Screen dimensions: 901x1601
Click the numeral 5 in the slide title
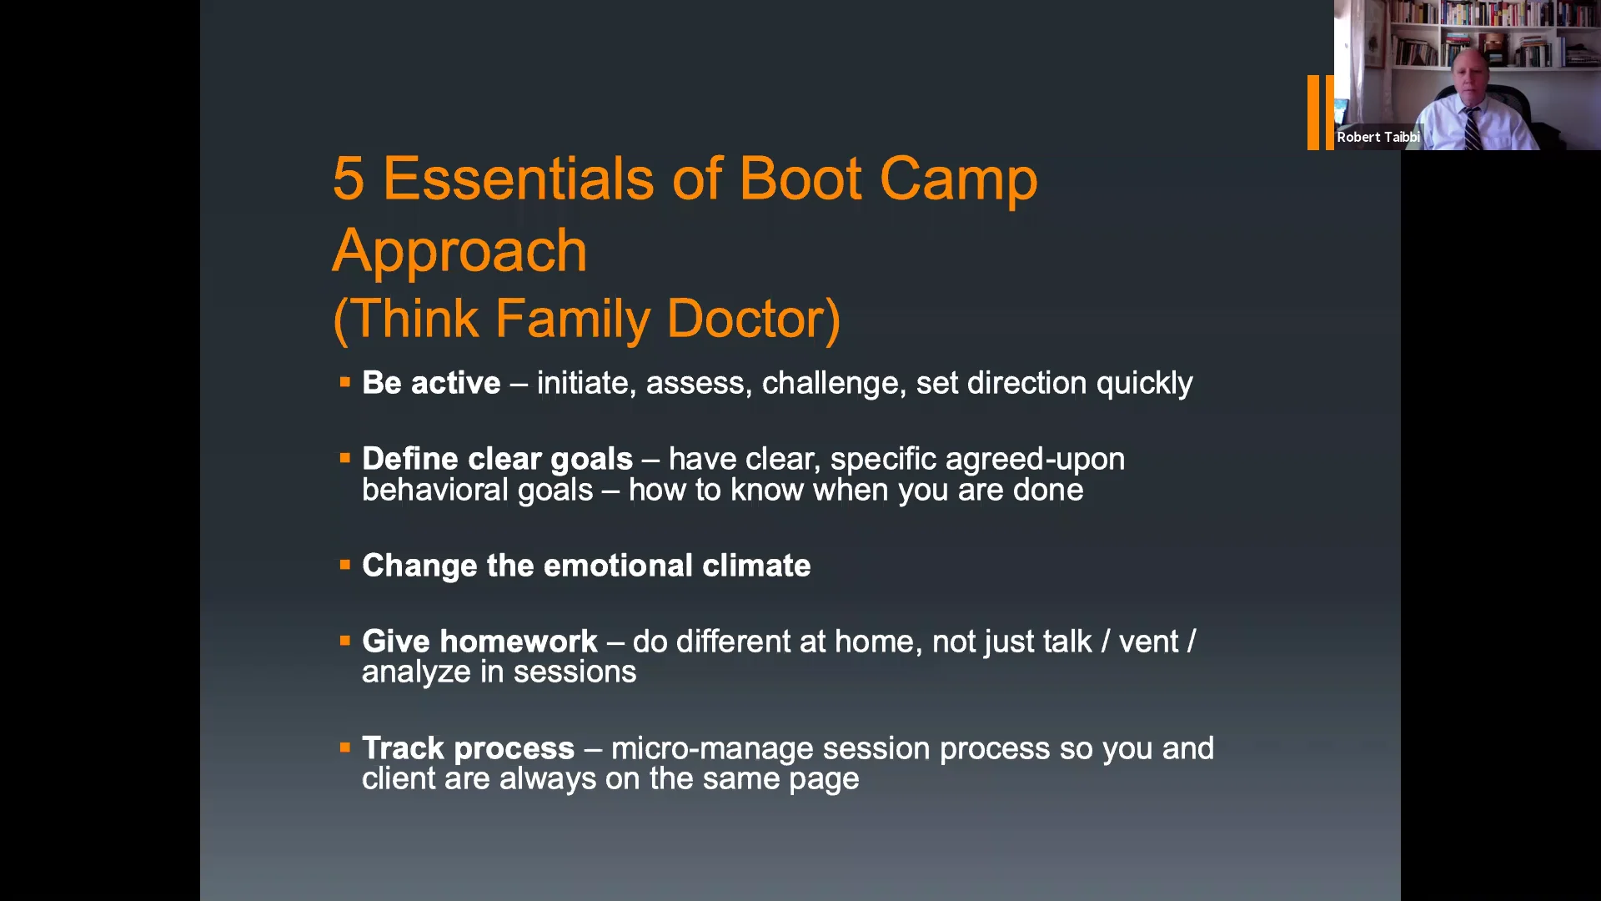[349, 179]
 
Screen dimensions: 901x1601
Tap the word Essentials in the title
[518, 179]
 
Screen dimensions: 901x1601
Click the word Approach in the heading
[459, 251]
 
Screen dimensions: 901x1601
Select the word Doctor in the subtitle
[753, 319]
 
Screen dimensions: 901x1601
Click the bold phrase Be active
[431, 383]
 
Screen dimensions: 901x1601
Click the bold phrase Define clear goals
[497, 459]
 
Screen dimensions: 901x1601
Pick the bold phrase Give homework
[479, 642]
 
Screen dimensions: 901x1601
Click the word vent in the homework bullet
[1148, 642]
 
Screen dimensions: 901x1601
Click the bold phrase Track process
[468, 748]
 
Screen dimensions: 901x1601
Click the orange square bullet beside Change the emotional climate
[344, 565]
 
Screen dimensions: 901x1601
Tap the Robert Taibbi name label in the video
[1378, 137]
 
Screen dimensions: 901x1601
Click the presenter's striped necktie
[1473, 129]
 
